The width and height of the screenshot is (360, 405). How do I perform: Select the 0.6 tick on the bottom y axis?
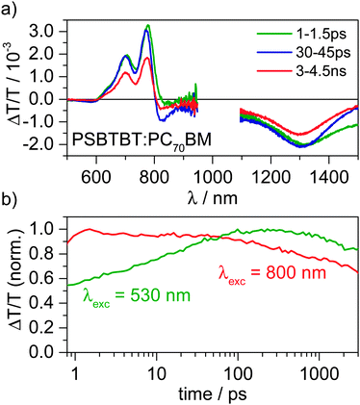pos(50,280)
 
